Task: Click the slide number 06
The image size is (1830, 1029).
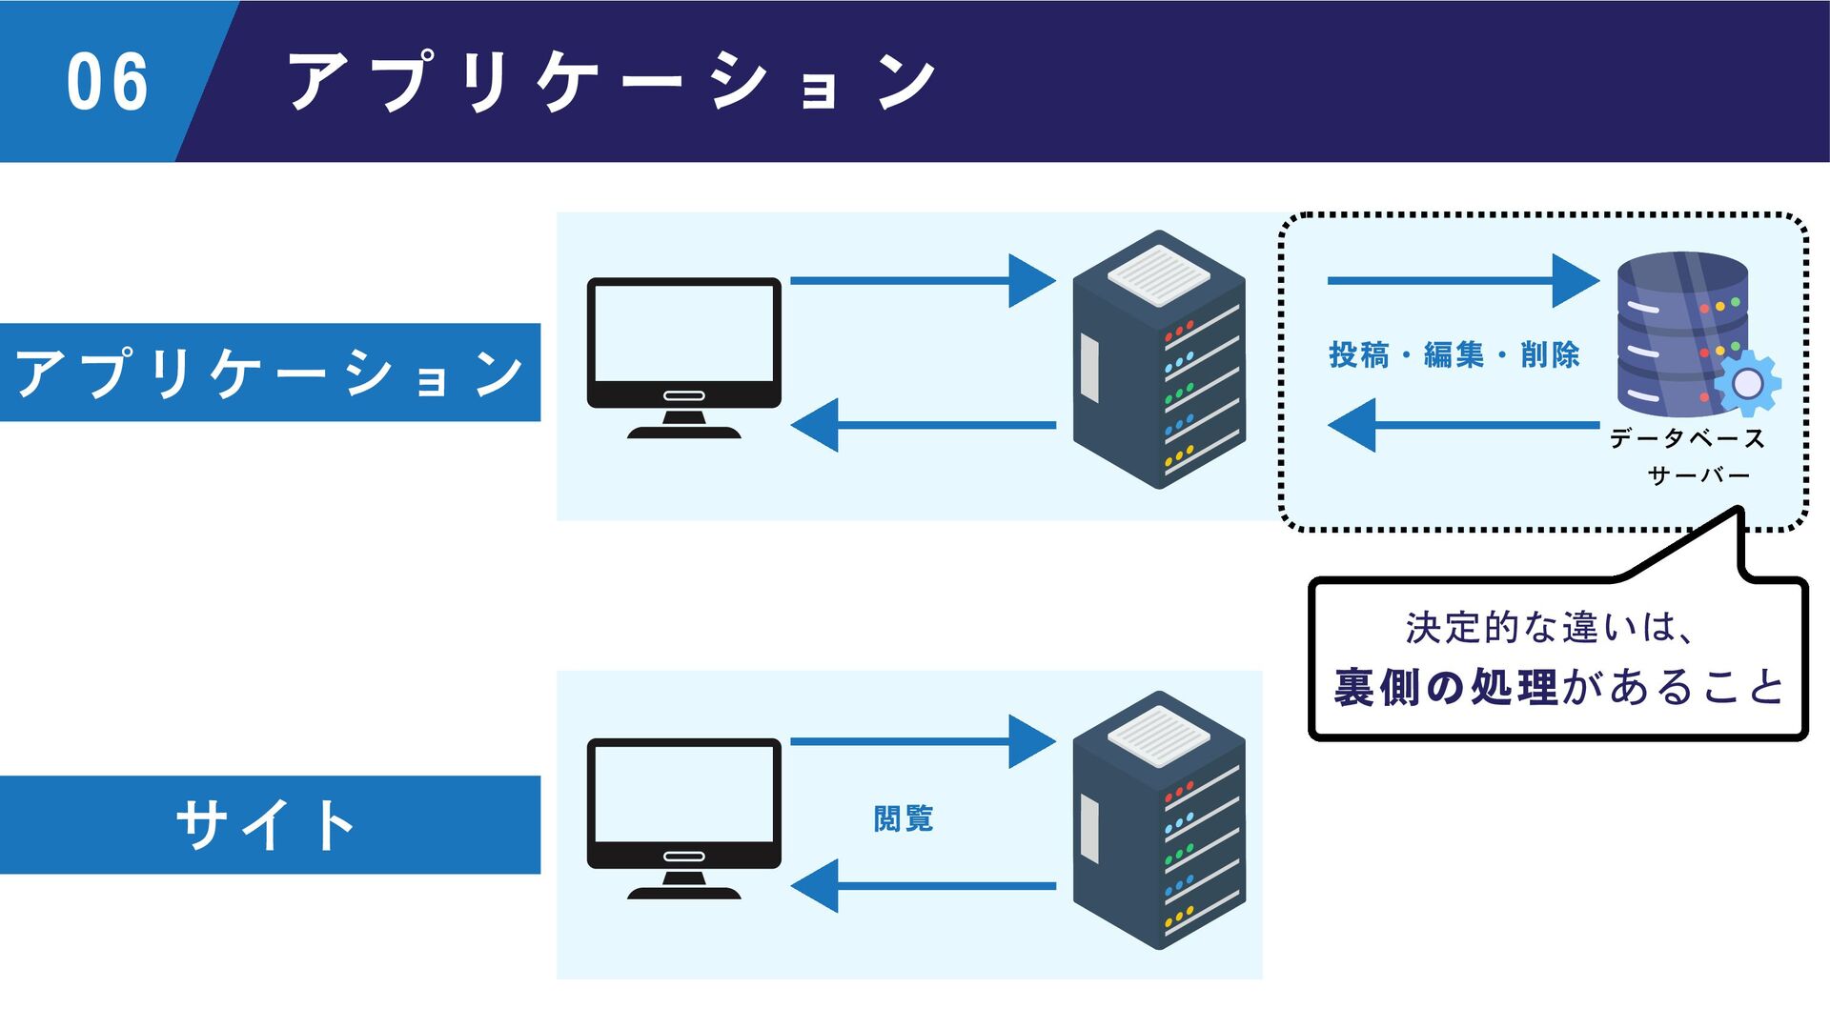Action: click(x=108, y=82)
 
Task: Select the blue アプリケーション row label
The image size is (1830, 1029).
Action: click(x=270, y=373)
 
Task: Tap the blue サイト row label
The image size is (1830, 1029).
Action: click(x=270, y=825)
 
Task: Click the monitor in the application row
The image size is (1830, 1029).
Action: click(x=683, y=358)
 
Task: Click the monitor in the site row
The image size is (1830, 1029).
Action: click(x=683, y=818)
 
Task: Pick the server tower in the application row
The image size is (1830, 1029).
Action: click(x=1159, y=359)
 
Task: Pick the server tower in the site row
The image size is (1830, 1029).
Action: click(x=1159, y=819)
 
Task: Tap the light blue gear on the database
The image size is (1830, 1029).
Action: click(x=1747, y=383)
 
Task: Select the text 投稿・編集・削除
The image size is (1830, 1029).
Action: click(x=1454, y=355)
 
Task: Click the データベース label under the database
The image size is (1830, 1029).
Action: click(x=1687, y=438)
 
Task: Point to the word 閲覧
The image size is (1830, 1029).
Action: click(x=904, y=818)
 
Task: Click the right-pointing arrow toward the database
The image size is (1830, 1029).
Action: click(x=1463, y=280)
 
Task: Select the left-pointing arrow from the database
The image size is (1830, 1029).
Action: click(x=1463, y=425)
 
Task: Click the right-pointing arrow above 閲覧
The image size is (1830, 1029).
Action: click(x=923, y=741)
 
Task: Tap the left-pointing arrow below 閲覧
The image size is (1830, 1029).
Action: click(x=923, y=886)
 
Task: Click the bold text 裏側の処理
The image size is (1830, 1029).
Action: click(x=1446, y=687)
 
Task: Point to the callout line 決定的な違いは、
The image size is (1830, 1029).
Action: click(x=1551, y=628)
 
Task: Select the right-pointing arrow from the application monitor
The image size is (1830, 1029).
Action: click(x=923, y=280)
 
